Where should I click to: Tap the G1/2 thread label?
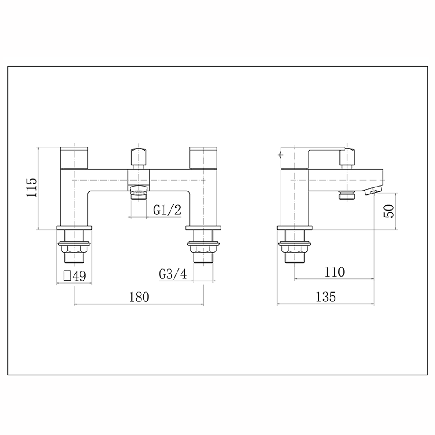167,211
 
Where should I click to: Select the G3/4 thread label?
173,274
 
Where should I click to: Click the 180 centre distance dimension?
139,297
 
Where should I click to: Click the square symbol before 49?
67,276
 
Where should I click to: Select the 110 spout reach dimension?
335,272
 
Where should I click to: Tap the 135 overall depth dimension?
326,297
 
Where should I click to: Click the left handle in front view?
75,157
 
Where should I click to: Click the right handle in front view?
204,157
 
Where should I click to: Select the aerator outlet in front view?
139,192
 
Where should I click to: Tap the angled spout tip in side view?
374,190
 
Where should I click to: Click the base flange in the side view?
295,228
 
